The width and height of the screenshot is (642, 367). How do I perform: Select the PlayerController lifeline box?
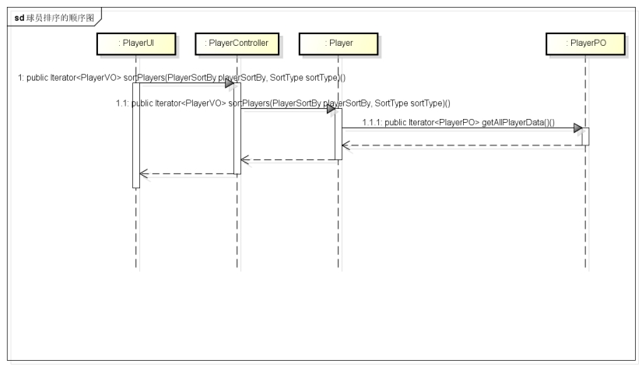pyautogui.click(x=237, y=44)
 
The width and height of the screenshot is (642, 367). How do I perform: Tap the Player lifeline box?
pyautogui.click(x=339, y=44)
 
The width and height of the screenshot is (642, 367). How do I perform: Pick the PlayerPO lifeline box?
pyautogui.click(x=584, y=44)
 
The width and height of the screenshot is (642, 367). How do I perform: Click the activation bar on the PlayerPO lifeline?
pyautogui.click(x=584, y=136)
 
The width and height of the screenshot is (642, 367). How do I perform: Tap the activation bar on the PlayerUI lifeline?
pyautogui.click(x=136, y=135)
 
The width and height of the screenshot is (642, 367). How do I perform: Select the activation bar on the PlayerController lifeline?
pyautogui.click(x=237, y=129)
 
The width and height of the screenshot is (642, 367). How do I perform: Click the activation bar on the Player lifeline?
pyautogui.click(x=339, y=134)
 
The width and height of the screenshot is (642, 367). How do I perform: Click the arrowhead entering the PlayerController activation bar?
pyautogui.click(x=230, y=83)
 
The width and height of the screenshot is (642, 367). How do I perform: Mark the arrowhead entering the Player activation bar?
pyautogui.click(x=331, y=109)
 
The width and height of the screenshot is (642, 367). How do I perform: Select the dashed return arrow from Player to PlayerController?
pyautogui.click(x=288, y=159)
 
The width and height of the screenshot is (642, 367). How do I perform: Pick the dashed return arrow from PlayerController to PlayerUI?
pyautogui.click(x=187, y=174)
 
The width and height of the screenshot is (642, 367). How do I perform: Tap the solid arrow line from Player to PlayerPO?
pyautogui.click(x=459, y=128)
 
